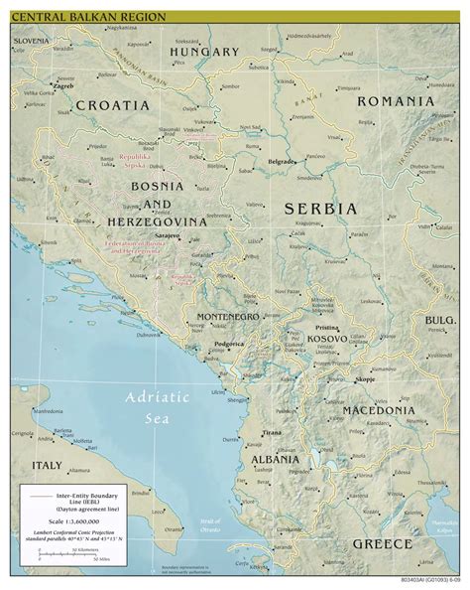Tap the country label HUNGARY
pyautogui.click(x=204, y=52)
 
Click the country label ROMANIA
pyautogui.click(x=396, y=101)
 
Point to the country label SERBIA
pyautogui.click(x=319, y=209)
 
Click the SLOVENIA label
pyautogui.click(x=32, y=40)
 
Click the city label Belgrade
pyautogui.click(x=282, y=161)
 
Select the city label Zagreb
pyautogui.click(x=63, y=86)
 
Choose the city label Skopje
pyautogui.click(x=365, y=379)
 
